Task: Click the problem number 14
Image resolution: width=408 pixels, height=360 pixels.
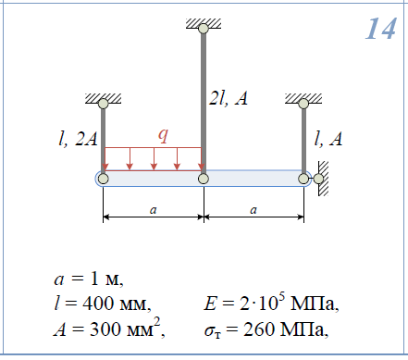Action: pos(381,29)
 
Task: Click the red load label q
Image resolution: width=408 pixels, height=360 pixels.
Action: pos(164,135)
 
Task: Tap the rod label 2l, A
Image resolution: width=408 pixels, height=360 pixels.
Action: pos(229,98)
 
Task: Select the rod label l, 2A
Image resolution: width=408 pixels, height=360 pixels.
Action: pos(78,138)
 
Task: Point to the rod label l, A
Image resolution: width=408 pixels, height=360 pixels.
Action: pos(328,138)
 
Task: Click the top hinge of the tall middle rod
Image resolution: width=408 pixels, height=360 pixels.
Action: pos(204,29)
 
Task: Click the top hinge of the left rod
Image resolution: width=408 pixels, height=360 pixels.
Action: pos(104,104)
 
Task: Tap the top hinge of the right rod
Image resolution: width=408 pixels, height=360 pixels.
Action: pos(303,104)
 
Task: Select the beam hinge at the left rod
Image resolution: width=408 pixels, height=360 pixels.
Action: pos(104,179)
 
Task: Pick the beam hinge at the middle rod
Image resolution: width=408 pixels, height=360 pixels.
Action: pos(204,179)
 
